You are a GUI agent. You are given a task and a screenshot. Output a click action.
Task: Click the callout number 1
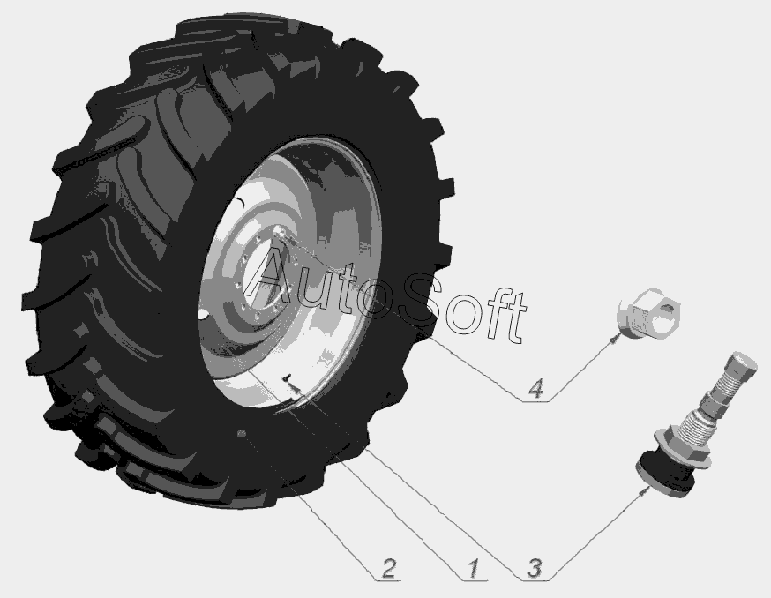pyautogui.click(x=473, y=568)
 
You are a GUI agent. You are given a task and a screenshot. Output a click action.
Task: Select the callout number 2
pyautogui.click(x=388, y=568)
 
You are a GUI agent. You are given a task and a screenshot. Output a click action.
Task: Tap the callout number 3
pyautogui.click(x=534, y=568)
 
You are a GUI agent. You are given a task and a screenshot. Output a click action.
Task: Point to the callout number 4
pyautogui.click(x=535, y=388)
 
